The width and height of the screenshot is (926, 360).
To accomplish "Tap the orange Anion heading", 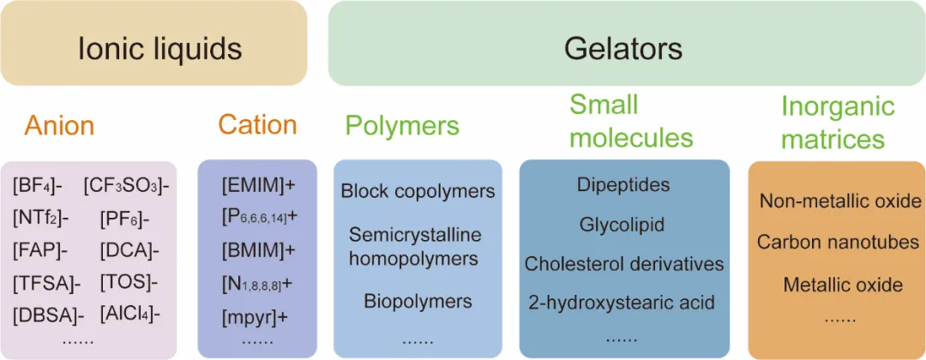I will (x=59, y=126).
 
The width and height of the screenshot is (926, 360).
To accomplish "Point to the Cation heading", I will (x=257, y=125).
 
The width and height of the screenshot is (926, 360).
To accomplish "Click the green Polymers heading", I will (x=402, y=126).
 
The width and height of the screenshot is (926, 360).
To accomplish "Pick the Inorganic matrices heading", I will (x=838, y=123).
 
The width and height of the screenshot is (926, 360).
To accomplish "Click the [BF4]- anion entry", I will (x=39, y=185).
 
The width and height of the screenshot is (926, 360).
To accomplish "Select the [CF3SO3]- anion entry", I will (x=126, y=185).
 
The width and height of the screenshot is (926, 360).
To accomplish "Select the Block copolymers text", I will (x=418, y=191).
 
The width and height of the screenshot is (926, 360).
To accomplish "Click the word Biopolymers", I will (x=418, y=302).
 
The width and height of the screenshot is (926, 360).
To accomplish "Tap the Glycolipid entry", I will (x=622, y=225).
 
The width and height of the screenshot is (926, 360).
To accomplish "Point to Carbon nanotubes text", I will (x=838, y=243).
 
